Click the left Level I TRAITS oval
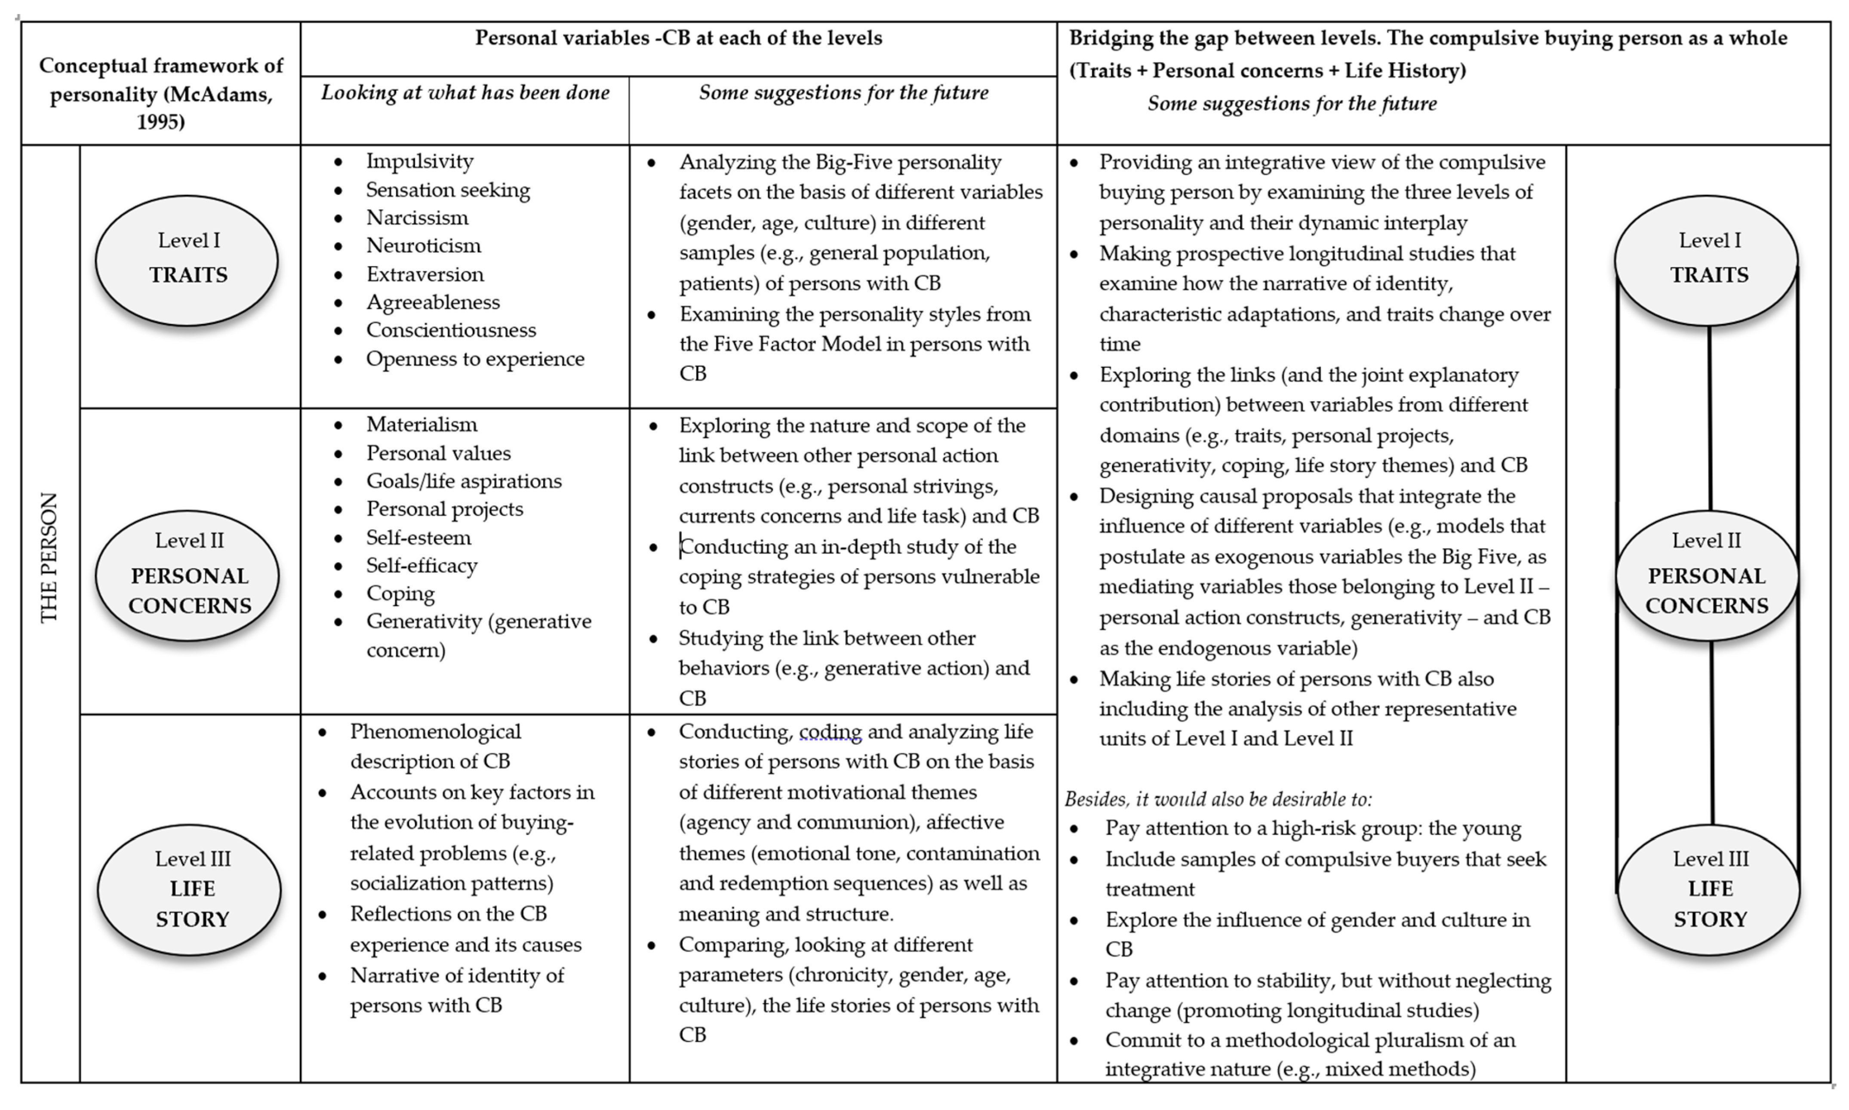click(187, 260)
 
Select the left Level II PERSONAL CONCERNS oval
click(188, 575)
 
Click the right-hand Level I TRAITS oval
click(1707, 260)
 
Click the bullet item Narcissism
click(417, 218)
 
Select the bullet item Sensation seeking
click(447, 190)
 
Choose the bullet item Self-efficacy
click(421, 566)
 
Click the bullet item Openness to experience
click(475, 359)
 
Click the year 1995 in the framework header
click(161, 122)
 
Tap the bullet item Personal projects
click(444, 509)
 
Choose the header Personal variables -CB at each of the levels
click(678, 38)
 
